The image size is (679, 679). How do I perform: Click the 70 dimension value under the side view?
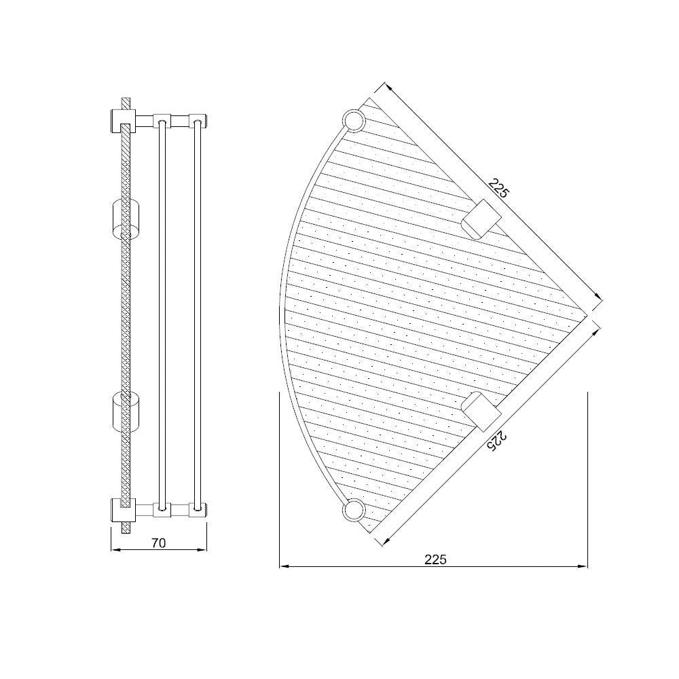coord(158,543)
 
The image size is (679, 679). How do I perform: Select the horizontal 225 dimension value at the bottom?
coord(435,559)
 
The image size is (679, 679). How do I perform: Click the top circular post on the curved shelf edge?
coord(354,122)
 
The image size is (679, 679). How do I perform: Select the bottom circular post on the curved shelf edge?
coord(354,509)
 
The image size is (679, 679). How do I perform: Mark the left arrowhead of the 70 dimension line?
coord(113,550)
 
